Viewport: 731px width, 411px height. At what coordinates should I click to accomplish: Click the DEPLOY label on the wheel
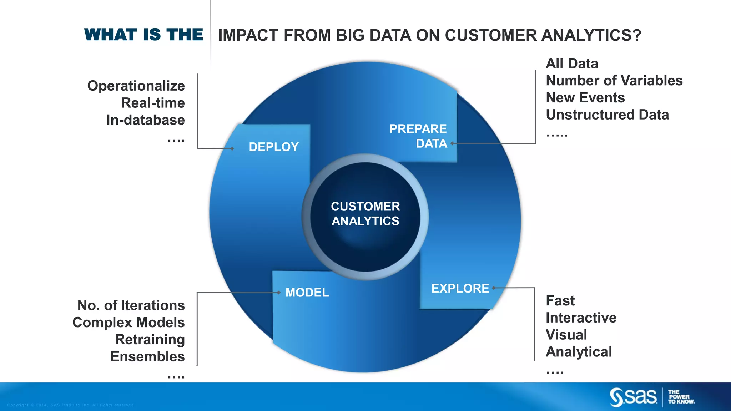(273, 147)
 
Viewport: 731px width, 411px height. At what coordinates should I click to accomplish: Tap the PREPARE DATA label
(418, 136)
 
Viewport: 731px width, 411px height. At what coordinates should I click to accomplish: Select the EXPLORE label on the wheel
(460, 288)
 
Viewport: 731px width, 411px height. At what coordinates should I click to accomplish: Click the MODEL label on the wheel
(307, 293)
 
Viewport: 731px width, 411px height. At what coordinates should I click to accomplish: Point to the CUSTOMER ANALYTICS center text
(365, 214)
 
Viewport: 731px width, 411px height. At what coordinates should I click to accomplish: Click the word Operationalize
(136, 86)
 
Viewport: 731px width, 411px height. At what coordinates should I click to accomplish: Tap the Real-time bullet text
(153, 103)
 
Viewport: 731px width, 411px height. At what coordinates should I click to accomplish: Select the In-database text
(145, 120)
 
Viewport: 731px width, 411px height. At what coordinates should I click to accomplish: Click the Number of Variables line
(614, 81)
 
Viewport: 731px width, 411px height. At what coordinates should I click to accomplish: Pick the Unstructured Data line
(607, 115)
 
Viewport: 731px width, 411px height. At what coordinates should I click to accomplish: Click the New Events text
(585, 98)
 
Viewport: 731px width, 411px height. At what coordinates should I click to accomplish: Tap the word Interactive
(581, 318)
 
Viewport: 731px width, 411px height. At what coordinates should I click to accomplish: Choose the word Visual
(566, 335)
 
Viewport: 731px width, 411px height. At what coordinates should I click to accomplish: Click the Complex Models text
(128, 323)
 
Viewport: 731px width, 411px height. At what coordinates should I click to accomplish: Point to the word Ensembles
(147, 357)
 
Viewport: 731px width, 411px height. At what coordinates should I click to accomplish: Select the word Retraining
(150, 340)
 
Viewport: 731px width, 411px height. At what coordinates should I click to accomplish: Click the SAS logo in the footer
(633, 397)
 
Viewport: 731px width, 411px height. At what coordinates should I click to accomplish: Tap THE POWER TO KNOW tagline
(681, 397)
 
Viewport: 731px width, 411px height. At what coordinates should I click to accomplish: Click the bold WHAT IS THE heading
(143, 35)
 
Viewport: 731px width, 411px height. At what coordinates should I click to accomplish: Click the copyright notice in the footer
(71, 405)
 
